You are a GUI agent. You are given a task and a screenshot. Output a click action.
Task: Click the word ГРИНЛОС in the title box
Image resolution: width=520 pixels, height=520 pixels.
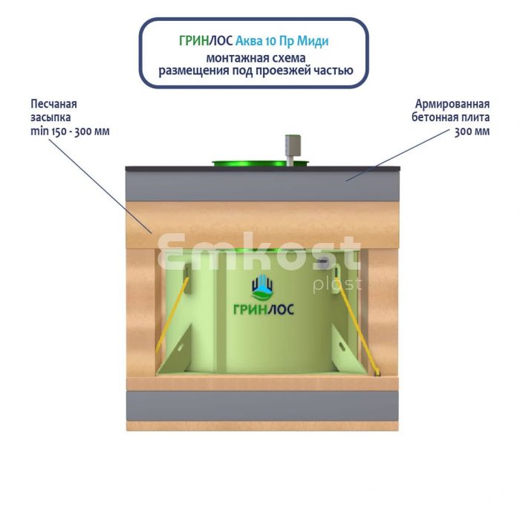coord(206,41)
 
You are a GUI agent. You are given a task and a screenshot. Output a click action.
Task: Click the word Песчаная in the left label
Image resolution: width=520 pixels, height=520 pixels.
coord(53,104)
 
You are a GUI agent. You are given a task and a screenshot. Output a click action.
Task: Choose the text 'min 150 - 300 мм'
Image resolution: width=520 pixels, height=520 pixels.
coord(70,131)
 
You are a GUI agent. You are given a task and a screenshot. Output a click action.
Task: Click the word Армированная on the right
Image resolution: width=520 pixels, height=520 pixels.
coord(452,104)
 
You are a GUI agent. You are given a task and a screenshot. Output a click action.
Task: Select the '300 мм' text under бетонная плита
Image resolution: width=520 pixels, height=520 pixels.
coord(472,131)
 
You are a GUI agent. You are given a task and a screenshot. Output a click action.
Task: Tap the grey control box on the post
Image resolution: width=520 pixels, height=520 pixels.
coord(293,146)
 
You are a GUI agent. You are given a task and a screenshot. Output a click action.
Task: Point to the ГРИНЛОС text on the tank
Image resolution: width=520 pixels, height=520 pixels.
coord(264,310)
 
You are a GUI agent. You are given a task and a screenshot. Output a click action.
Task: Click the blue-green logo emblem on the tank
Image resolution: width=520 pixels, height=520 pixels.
coord(262,287)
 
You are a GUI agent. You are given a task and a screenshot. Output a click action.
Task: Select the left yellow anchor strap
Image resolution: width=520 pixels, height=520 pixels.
coord(172,315)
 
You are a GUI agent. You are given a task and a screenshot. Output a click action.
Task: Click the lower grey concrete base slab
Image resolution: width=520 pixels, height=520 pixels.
coord(262,406)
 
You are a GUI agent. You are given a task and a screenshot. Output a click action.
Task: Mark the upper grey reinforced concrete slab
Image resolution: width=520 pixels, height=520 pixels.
coord(262,186)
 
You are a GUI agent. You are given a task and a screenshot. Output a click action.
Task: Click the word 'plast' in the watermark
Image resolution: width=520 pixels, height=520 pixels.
coord(337,285)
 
